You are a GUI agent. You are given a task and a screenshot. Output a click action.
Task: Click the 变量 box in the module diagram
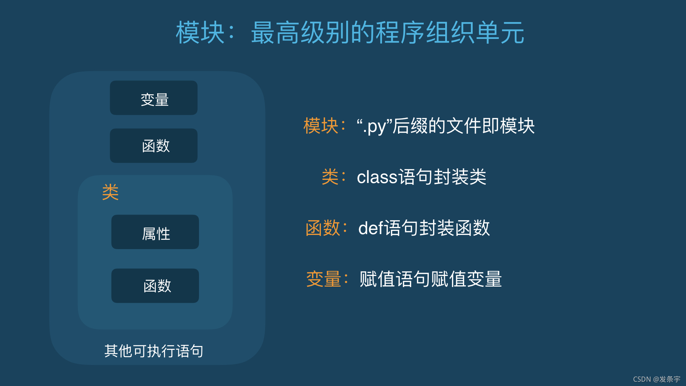click(154, 98)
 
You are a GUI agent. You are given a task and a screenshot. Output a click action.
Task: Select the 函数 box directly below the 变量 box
click(154, 145)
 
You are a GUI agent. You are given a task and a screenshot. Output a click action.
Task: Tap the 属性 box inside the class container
click(155, 232)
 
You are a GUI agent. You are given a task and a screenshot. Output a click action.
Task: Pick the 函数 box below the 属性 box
click(155, 286)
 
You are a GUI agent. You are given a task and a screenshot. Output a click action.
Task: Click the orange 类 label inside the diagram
click(110, 192)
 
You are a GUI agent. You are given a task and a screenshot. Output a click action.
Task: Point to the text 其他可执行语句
click(154, 351)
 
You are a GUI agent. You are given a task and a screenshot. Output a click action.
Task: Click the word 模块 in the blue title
click(200, 33)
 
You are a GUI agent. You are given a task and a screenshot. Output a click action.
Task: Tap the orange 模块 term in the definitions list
click(321, 126)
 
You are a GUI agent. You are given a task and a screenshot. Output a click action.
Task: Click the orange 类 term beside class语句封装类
click(330, 177)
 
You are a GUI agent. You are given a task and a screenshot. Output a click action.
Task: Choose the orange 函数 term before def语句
click(323, 228)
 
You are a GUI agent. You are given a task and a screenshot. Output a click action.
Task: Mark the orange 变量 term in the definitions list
click(324, 279)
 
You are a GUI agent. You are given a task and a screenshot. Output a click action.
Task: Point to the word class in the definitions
click(377, 177)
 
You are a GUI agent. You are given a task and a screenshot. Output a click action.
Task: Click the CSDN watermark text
click(656, 379)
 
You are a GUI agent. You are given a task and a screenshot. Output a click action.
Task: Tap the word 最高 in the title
click(275, 33)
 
